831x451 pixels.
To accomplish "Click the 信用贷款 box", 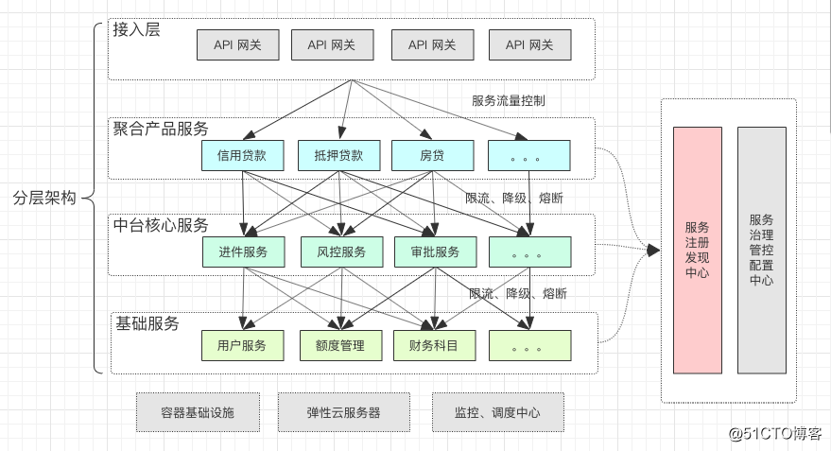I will [x=242, y=155].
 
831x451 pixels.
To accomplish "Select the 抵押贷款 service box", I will [x=338, y=155].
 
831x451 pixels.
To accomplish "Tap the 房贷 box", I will [x=432, y=155].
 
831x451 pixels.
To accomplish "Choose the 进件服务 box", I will [x=242, y=252].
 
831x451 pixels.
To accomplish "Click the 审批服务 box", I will [x=435, y=252].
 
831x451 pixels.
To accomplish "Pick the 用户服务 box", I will [x=242, y=346].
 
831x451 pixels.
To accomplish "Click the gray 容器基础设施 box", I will [x=198, y=412].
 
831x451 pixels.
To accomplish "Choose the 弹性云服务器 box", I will [x=343, y=412].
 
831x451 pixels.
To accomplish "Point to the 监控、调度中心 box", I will [x=497, y=412].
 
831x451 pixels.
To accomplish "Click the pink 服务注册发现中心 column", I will [x=697, y=251].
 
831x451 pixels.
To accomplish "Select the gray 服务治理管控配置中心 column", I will [x=761, y=251].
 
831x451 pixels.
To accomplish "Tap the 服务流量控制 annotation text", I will [x=509, y=100].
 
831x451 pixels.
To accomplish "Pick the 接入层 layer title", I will [x=136, y=29].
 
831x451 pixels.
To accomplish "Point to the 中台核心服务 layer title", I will [x=161, y=225].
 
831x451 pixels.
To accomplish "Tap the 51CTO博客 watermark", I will [x=775, y=434].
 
